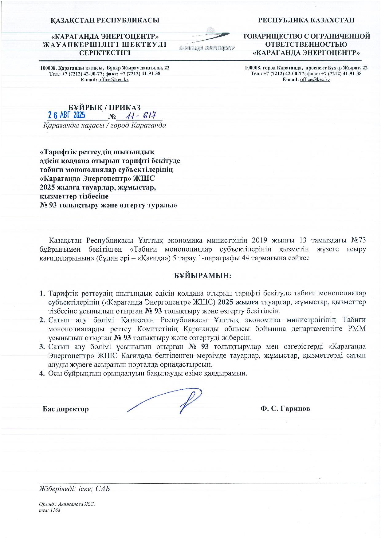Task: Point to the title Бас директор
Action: click(66, 409)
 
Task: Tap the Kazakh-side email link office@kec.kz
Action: click(113, 80)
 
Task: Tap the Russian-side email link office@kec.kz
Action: click(315, 80)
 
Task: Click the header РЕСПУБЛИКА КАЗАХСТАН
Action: click(306, 20)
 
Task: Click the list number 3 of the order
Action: click(42, 347)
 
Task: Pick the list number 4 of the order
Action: click(42, 374)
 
